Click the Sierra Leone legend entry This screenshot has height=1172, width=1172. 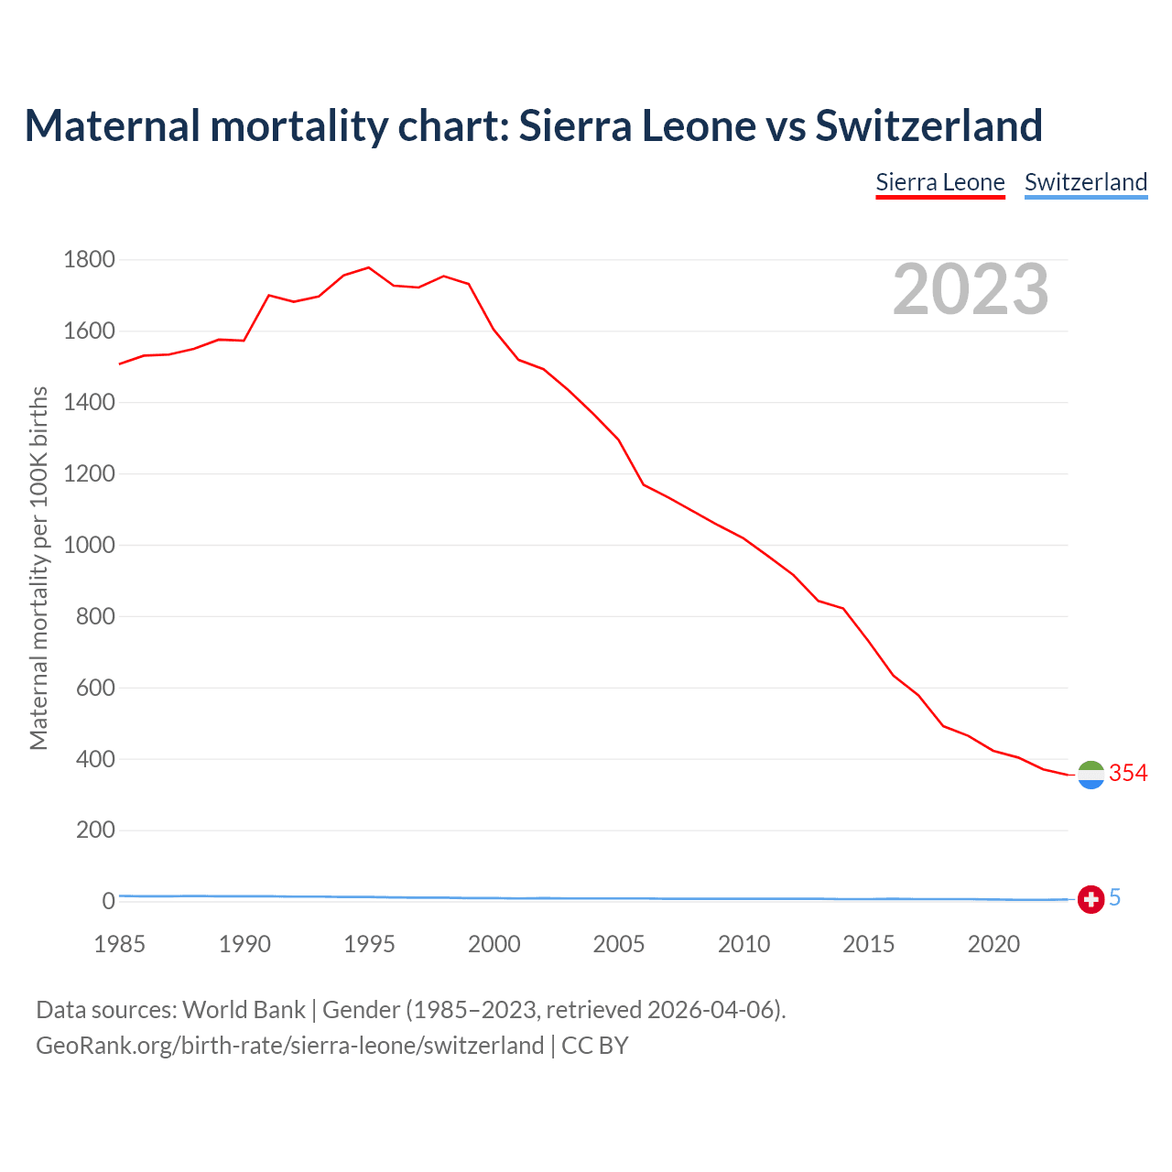940,182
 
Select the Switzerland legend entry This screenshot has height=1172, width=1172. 1086,182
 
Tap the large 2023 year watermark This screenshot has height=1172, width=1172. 971,289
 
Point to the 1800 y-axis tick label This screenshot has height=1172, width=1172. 90,260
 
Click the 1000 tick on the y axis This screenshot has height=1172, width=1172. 90,545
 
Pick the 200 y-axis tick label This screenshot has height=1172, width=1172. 96,830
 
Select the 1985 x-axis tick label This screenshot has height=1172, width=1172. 119,944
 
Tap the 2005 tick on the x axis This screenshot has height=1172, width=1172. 619,944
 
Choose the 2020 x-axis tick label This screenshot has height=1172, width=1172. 993,944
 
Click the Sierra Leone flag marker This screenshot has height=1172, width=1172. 1091,775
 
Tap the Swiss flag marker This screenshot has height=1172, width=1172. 1091,899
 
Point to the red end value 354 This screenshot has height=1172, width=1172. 1128,774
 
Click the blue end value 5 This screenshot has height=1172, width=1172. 1115,898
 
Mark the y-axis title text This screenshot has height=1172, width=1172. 38,568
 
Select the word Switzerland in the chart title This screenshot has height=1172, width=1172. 928,125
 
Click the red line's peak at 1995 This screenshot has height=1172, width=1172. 369,267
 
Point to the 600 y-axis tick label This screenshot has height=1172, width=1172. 96,688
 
